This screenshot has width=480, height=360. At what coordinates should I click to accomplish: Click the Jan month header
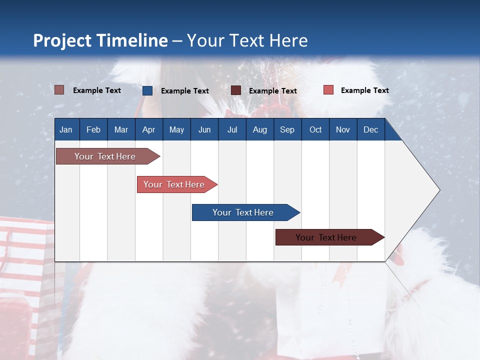(x=66, y=129)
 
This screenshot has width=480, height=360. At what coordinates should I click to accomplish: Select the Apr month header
(x=148, y=129)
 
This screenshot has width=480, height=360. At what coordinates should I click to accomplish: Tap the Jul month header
(x=232, y=129)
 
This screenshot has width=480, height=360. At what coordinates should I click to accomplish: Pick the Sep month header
(x=287, y=129)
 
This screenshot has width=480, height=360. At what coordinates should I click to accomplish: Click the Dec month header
(x=370, y=129)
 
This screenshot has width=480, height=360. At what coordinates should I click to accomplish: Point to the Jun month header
(x=204, y=129)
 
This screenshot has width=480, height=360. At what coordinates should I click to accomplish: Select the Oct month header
(x=315, y=129)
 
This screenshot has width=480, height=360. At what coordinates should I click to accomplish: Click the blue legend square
(x=147, y=90)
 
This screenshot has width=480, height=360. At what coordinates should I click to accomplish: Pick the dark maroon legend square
(x=236, y=90)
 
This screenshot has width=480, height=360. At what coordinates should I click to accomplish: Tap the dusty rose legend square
(x=59, y=90)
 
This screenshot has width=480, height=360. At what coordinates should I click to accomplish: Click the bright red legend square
(x=328, y=90)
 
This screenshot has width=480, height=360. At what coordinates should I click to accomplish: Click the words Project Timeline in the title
(x=100, y=40)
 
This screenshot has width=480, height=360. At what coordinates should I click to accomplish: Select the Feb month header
(x=93, y=129)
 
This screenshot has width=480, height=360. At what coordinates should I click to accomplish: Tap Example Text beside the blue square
(x=184, y=91)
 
